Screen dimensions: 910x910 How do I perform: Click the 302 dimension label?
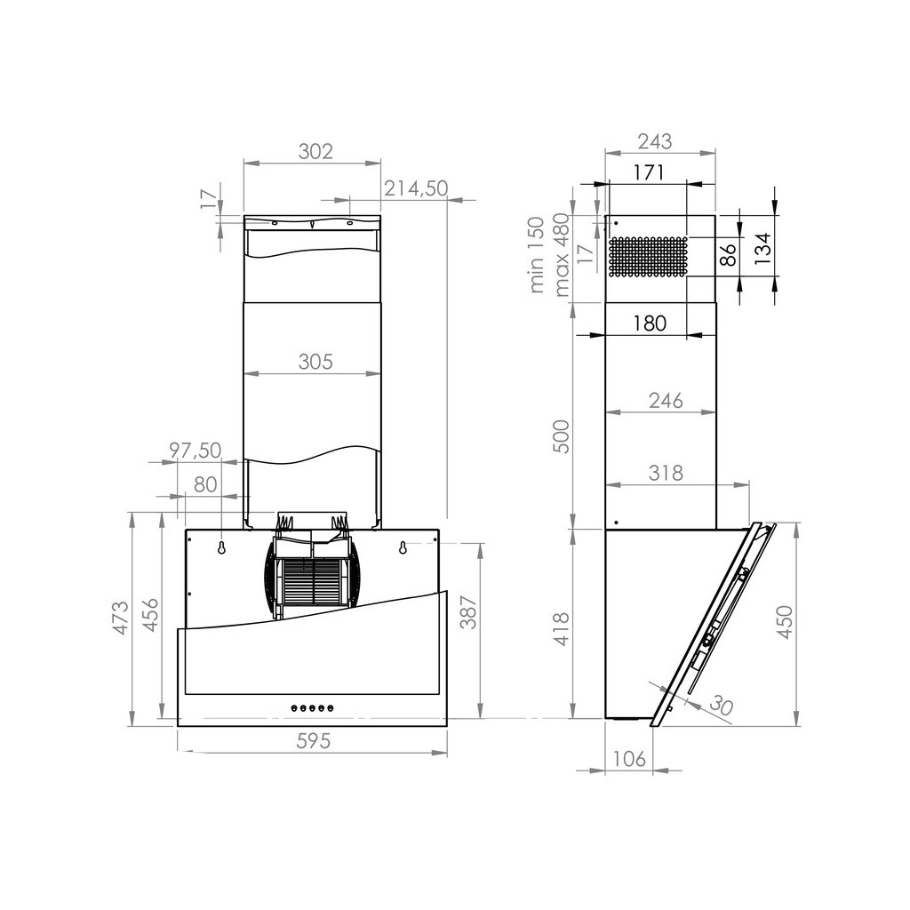(x=315, y=151)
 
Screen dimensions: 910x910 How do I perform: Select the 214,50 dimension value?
(x=416, y=188)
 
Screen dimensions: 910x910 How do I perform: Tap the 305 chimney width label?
(x=315, y=362)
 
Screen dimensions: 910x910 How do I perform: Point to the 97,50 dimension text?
(x=195, y=451)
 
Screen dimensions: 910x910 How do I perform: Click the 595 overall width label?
(x=312, y=740)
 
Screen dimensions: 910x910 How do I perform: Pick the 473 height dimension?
(x=121, y=618)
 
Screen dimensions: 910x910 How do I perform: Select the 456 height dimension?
(x=150, y=616)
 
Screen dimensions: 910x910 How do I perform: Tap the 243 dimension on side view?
(x=655, y=140)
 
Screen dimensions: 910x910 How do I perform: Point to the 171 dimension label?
(x=649, y=172)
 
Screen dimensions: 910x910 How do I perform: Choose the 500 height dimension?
(x=562, y=435)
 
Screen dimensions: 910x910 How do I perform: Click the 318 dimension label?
(x=666, y=473)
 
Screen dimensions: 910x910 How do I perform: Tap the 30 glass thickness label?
(x=721, y=707)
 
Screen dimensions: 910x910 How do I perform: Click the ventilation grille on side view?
(x=649, y=257)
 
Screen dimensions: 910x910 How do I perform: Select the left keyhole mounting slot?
(x=221, y=548)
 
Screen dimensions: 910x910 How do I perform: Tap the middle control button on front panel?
(x=312, y=708)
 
